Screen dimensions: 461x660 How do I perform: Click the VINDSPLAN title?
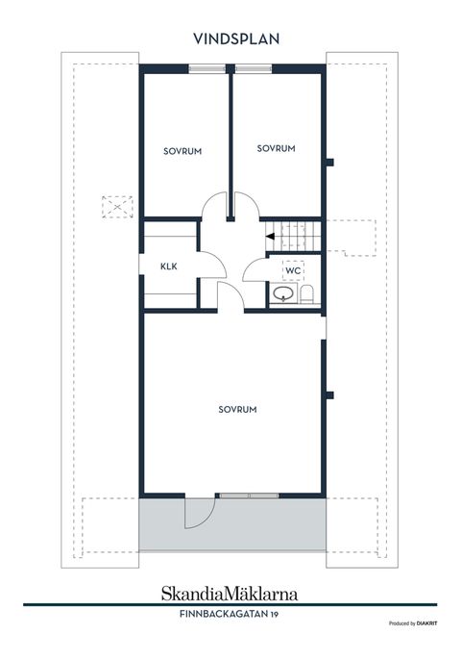pos(236,38)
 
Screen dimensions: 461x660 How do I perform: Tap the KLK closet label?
pos(168,267)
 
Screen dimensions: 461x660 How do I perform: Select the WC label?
pos(293,270)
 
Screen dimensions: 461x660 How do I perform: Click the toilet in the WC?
pos(306,293)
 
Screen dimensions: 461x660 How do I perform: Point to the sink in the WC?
pos(283,293)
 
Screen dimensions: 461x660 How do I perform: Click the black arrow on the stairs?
pos(270,236)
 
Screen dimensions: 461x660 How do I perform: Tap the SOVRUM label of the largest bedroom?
pos(237,410)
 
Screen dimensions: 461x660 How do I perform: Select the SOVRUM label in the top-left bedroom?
pos(182,151)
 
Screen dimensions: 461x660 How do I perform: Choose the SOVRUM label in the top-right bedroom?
pos(276,148)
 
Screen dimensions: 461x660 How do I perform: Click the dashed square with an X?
pos(117,207)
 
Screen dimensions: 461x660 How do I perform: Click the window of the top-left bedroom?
pos(206,68)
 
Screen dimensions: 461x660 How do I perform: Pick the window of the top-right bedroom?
pos(254,68)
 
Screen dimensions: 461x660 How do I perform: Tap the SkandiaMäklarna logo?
pos(230,594)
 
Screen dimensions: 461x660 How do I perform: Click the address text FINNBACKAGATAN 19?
pos(229,614)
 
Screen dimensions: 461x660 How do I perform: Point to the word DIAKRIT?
pos(426,623)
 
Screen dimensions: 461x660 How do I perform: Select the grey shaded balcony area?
pos(232,524)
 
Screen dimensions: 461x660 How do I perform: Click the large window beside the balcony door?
pos(249,495)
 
